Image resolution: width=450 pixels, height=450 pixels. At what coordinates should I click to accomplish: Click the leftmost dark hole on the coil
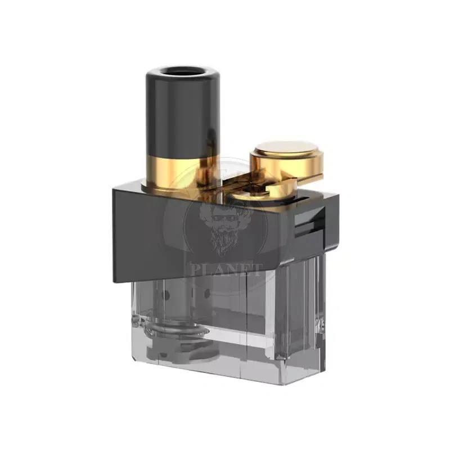[x=159, y=292]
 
